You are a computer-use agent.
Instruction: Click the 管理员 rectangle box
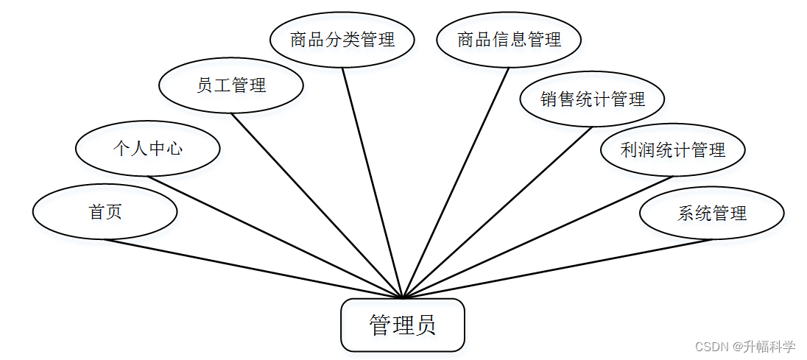[x=402, y=325]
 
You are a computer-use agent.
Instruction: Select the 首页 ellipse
[x=105, y=212]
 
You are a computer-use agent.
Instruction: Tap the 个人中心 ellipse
[x=147, y=149]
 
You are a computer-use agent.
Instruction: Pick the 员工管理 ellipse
[x=231, y=85]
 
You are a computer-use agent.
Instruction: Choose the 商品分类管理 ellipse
[x=342, y=40]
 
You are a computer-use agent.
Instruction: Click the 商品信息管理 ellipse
[x=509, y=40]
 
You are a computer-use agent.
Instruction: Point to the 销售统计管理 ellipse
[x=592, y=99]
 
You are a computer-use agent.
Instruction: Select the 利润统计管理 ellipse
[x=673, y=150]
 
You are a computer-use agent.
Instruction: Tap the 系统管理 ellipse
[x=711, y=213]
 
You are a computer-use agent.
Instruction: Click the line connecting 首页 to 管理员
[x=253, y=269]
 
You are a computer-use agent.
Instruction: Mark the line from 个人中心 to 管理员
[x=275, y=237]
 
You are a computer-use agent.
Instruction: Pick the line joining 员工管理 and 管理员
[x=317, y=205]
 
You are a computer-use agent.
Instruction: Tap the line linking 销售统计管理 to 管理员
[x=498, y=213]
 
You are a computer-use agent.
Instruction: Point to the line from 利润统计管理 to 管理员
[x=538, y=237]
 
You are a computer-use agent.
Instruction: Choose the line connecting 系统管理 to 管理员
[x=557, y=269]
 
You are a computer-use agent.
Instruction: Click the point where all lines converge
[x=403, y=298]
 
